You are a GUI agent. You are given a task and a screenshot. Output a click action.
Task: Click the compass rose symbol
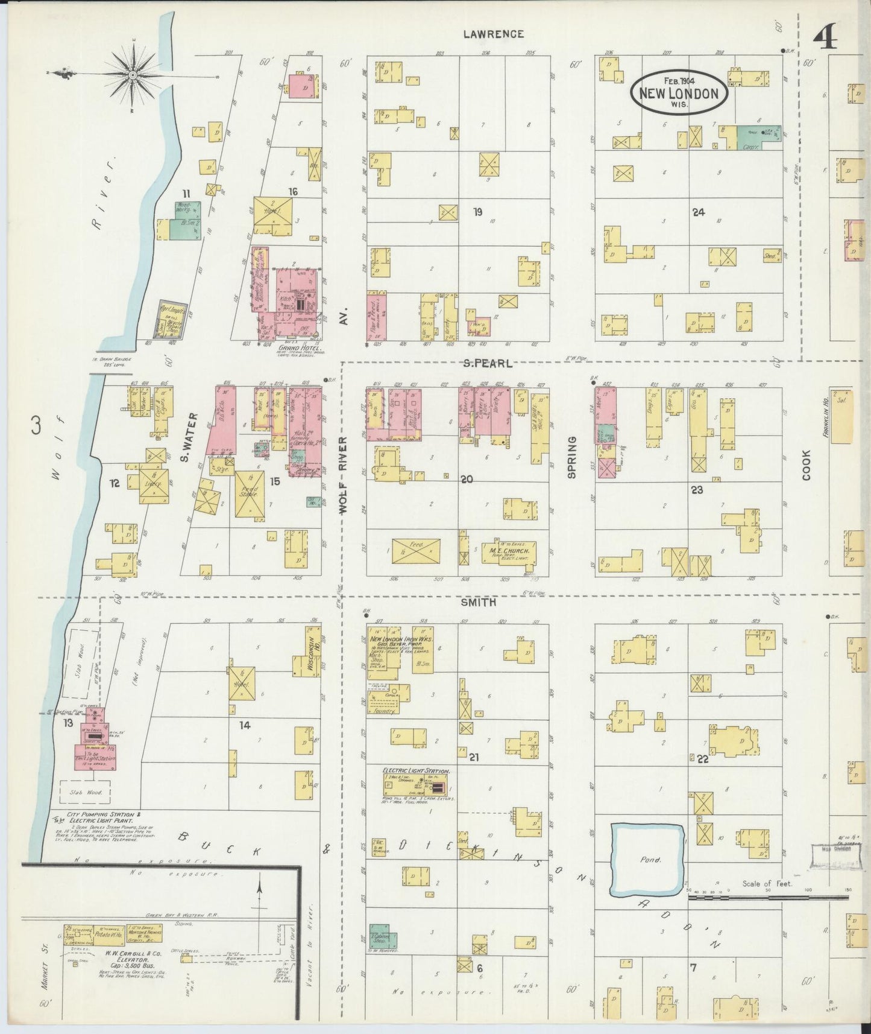click(133, 74)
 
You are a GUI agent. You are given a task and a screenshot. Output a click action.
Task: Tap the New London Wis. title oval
click(678, 92)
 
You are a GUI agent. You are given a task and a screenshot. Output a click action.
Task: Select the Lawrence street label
click(493, 34)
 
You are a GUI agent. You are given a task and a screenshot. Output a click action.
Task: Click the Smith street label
click(479, 602)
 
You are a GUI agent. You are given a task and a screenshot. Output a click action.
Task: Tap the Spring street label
click(572, 457)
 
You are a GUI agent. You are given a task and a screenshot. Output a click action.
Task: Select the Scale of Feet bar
click(769, 898)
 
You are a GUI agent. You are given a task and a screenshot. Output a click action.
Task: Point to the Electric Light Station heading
click(416, 771)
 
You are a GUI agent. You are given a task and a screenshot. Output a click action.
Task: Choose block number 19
click(477, 212)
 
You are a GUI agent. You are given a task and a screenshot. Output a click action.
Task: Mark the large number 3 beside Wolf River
click(36, 427)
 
